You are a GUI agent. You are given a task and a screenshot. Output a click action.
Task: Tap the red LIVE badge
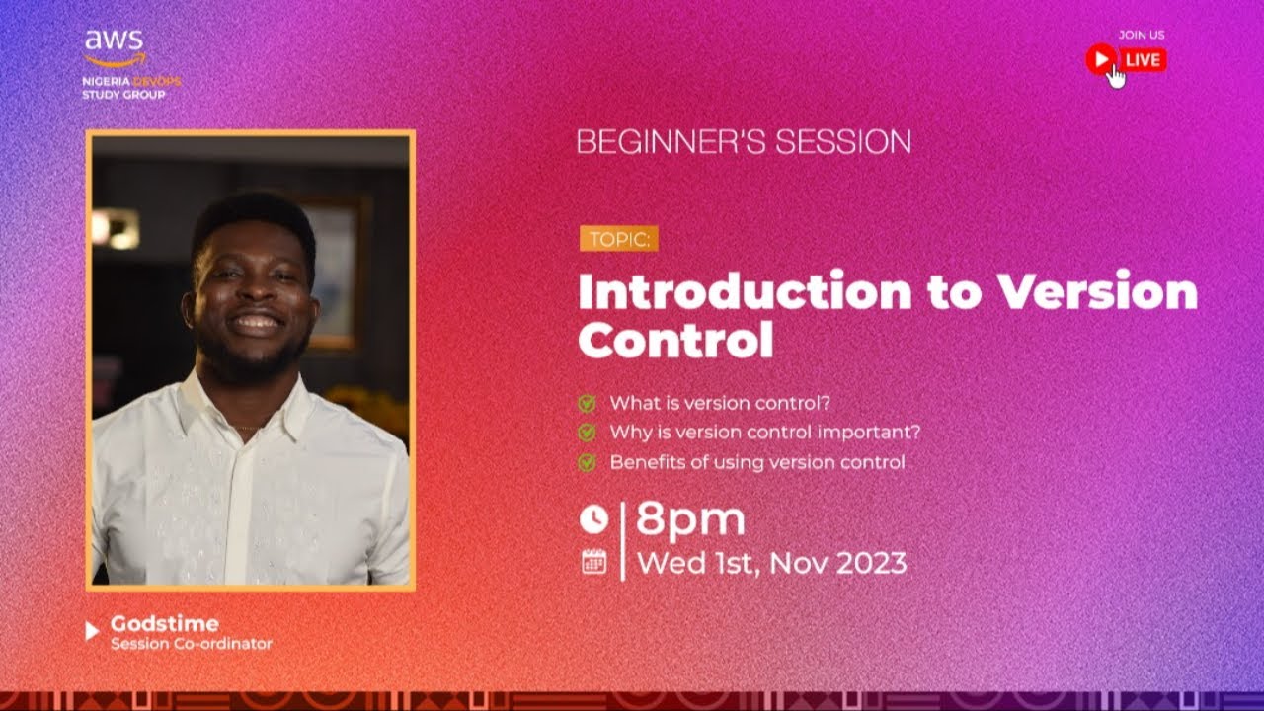[x=1142, y=60]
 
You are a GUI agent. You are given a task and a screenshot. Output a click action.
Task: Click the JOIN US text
[x=1141, y=35]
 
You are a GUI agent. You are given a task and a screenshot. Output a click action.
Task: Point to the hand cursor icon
[x=1116, y=76]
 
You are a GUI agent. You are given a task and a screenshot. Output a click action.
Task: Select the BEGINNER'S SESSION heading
[x=744, y=142]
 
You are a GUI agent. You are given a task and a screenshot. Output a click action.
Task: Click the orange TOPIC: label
[x=618, y=239]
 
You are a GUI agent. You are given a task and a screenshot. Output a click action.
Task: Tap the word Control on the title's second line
[x=675, y=341]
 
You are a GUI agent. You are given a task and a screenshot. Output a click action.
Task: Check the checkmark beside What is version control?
[x=587, y=403]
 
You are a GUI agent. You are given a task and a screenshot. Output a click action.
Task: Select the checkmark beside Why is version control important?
[x=587, y=433]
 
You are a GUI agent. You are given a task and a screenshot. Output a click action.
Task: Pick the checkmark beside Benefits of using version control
[x=587, y=462]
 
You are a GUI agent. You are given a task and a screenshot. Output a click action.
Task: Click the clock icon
[x=592, y=518]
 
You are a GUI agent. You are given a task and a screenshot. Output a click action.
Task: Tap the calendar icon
[x=593, y=562]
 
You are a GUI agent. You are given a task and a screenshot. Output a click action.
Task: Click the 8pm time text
[x=689, y=518]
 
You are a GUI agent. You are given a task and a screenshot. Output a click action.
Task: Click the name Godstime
[x=164, y=624]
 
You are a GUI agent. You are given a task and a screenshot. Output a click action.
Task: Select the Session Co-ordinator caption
[x=191, y=644]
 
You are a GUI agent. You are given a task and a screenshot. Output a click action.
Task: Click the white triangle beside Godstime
[x=93, y=631]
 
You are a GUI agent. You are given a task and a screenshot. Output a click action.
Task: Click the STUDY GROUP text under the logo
[x=123, y=95]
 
